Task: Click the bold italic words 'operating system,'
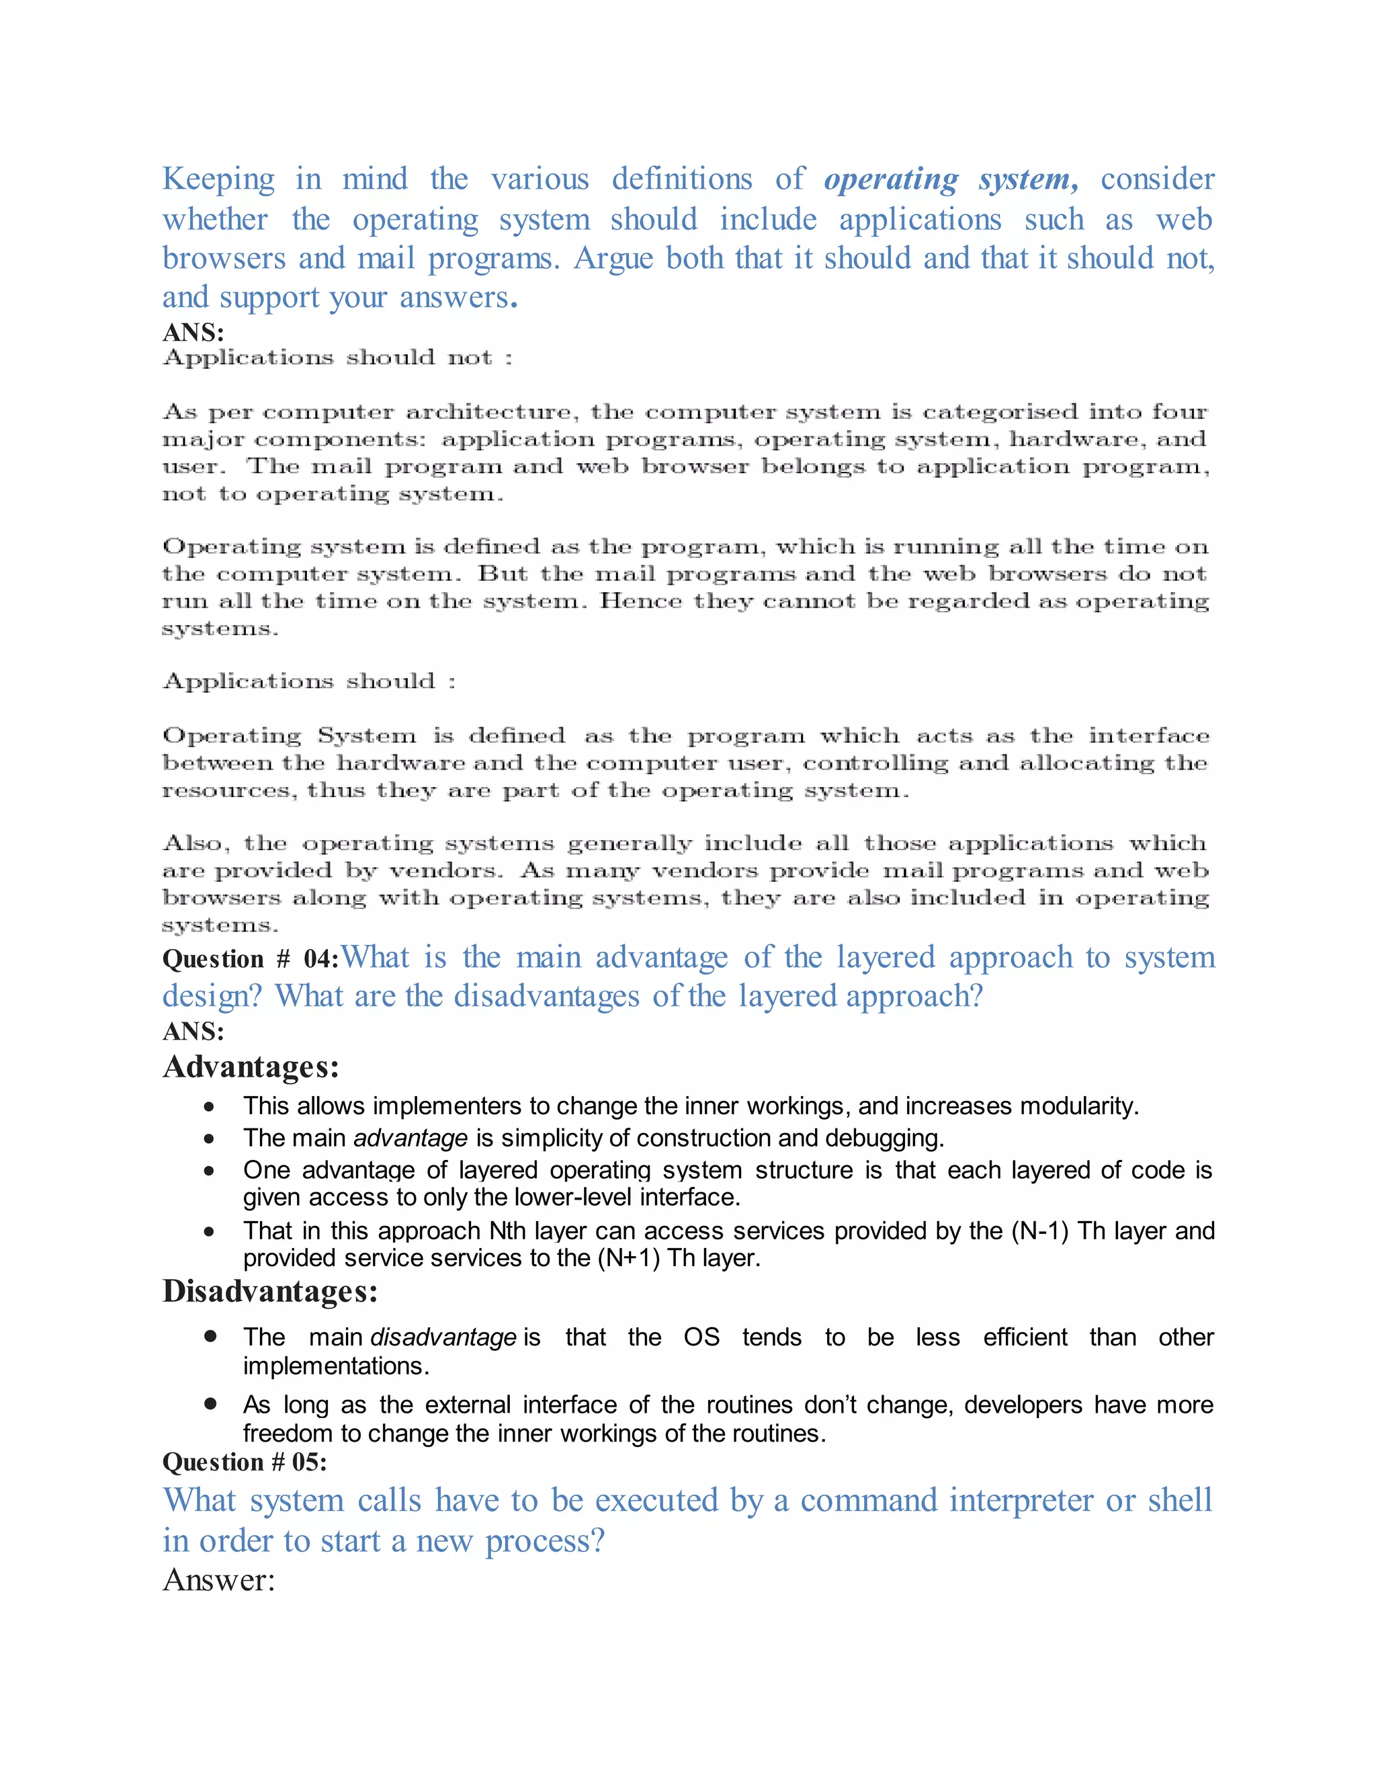coord(951,179)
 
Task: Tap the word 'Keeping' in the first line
coord(218,179)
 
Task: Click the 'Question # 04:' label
coord(250,959)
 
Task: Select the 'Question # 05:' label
coord(245,1462)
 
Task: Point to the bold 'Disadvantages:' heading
coord(270,1292)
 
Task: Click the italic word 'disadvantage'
coord(443,1337)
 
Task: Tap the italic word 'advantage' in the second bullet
coord(411,1138)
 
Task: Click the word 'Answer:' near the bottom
coord(218,1581)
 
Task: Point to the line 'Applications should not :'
coord(337,358)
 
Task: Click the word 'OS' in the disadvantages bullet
coord(701,1337)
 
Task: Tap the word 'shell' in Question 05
coord(1180,1501)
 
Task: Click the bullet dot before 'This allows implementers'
coord(210,1108)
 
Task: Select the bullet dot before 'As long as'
coord(210,1404)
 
